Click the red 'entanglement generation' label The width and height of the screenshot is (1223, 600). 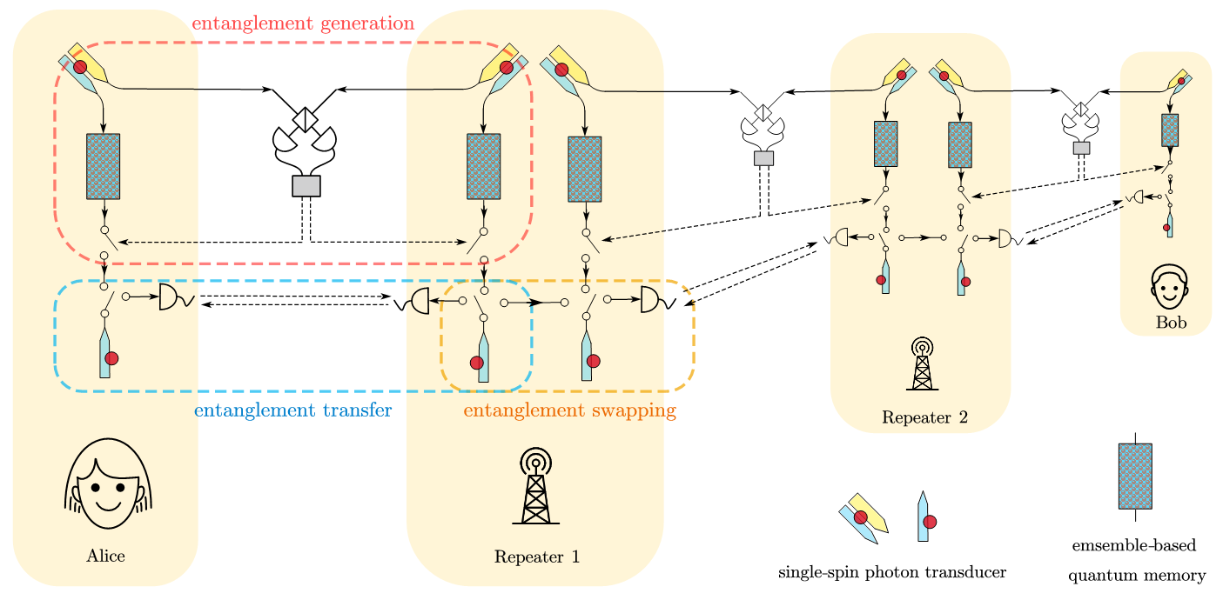point(302,23)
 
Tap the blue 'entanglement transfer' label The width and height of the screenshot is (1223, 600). point(292,410)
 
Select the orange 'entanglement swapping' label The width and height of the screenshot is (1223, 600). point(569,410)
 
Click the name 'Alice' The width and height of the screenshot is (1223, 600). point(105,557)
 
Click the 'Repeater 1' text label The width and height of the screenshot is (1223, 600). point(536,557)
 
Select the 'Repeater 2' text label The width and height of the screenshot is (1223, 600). point(924,417)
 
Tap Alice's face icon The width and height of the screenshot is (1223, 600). point(109,483)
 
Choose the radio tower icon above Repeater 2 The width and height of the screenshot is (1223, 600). point(922,364)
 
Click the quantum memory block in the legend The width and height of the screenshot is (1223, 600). point(1134,476)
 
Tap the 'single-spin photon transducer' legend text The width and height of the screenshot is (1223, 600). point(891,572)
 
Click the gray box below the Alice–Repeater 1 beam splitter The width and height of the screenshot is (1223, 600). point(306,186)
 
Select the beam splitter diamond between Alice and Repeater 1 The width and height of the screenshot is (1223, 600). point(306,118)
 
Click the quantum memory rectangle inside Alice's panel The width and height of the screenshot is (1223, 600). point(104,166)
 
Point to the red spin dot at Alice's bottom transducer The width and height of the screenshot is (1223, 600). point(111,358)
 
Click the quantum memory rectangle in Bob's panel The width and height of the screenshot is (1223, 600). point(1170,130)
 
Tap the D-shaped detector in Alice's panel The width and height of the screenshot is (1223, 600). point(170,297)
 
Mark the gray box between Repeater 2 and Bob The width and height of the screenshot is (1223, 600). point(1081,148)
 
